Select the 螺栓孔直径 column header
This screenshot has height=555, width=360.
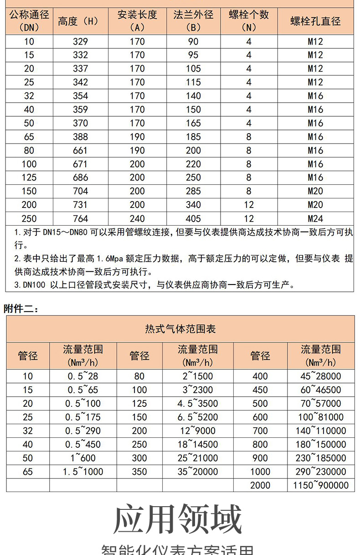pyautogui.click(x=315, y=21)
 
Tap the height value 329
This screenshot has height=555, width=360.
pyautogui.click(x=80, y=41)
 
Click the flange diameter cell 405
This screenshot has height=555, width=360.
pyautogui.click(x=193, y=218)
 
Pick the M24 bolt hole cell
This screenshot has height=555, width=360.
pyautogui.click(x=315, y=218)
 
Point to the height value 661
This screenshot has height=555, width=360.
pyautogui.click(x=80, y=150)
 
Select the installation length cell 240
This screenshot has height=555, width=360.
pyautogui.click(x=137, y=218)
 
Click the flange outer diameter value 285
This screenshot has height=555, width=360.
pyautogui.click(x=193, y=191)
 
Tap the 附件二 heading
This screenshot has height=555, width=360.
pyautogui.click(x=21, y=309)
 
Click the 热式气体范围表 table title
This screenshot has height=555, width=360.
pyautogui.click(x=180, y=329)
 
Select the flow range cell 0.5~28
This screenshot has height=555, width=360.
pyautogui.click(x=83, y=376)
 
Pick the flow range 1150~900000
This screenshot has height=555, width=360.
pyautogui.click(x=321, y=485)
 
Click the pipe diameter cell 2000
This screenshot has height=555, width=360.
pyautogui.click(x=260, y=485)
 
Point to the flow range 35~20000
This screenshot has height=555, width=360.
pyautogui.click(x=198, y=472)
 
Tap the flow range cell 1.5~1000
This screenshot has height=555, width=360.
pyautogui.click(x=83, y=472)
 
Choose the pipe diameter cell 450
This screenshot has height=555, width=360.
pyautogui.click(x=260, y=390)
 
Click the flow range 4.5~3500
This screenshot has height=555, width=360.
pyautogui.click(x=198, y=404)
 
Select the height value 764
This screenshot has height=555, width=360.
pyautogui.click(x=80, y=218)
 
